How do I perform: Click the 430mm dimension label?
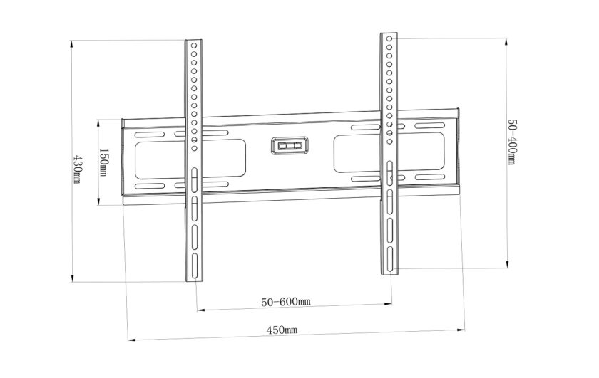(77, 169)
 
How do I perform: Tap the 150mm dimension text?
(103, 162)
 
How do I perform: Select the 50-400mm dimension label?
(512, 142)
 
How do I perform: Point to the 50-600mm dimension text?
(286, 302)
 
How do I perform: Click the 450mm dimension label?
(282, 330)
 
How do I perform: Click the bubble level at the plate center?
(290, 146)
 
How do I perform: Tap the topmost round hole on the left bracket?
(194, 46)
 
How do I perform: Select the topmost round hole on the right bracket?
(389, 38)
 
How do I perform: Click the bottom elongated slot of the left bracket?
(195, 267)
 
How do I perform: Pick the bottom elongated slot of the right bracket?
(389, 259)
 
